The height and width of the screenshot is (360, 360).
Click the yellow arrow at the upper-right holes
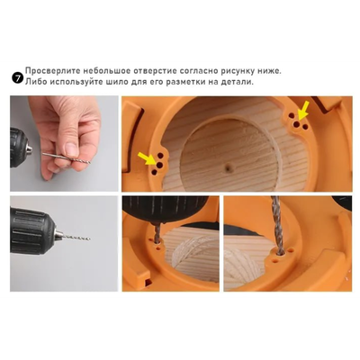(x=303, y=109)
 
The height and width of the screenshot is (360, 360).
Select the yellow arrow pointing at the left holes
(x=146, y=158)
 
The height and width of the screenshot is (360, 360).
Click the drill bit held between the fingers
(x=67, y=157)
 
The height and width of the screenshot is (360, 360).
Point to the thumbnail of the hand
(x=71, y=149)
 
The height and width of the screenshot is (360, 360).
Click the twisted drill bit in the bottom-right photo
(x=277, y=225)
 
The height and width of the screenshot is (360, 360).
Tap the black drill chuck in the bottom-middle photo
(x=165, y=210)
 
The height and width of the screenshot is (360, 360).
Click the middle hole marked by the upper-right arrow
(x=296, y=124)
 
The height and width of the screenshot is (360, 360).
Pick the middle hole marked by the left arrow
(x=160, y=165)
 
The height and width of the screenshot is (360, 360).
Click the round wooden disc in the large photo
(x=229, y=155)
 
